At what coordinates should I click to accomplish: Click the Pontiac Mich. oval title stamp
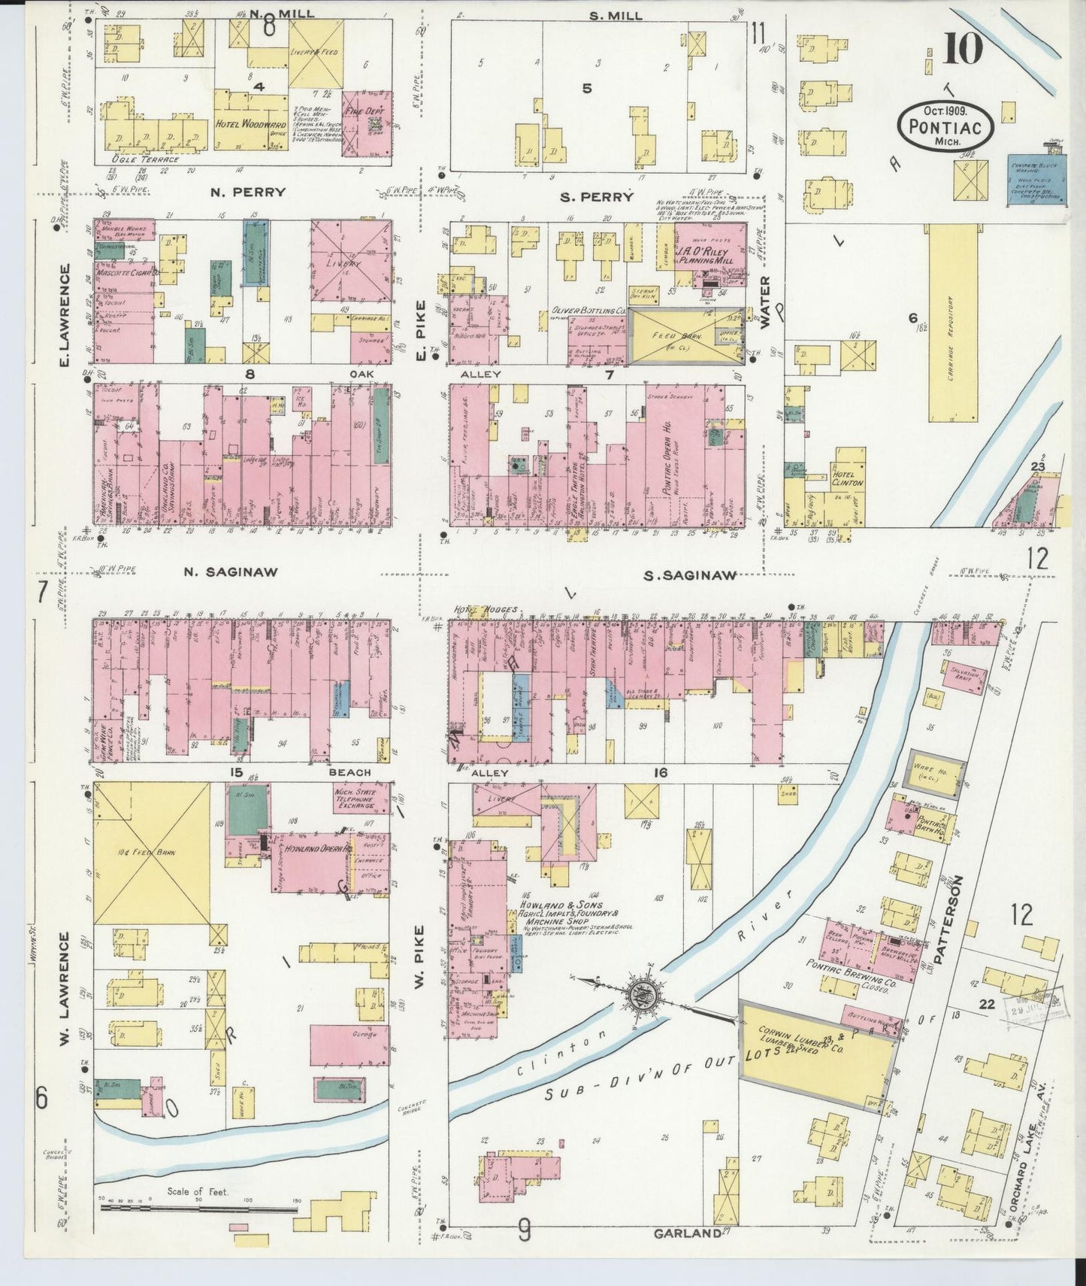(x=945, y=123)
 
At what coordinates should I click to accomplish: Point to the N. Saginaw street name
(x=230, y=572)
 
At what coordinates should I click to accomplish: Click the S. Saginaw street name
(x=689, y=575)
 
